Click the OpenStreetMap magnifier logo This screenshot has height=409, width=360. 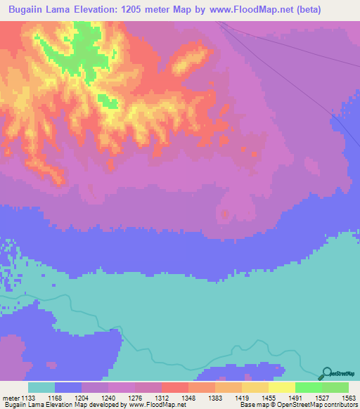(x=326, y=373)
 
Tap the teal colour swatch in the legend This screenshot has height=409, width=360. (x=41, y=387)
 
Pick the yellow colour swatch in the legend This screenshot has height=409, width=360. (x=282, y=387)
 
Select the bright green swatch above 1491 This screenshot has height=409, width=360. (x=309, y=387)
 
